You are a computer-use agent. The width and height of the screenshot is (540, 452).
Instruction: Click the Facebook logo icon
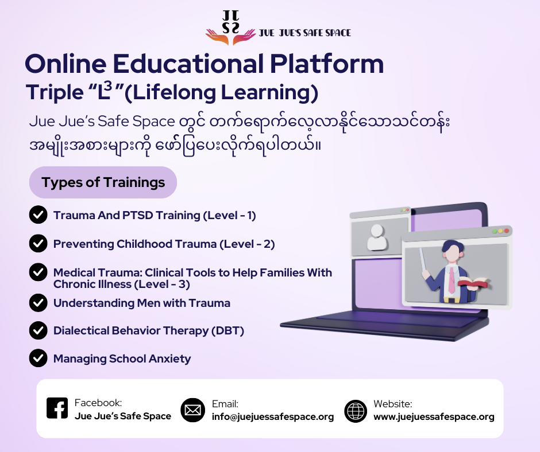(x=57, y=408)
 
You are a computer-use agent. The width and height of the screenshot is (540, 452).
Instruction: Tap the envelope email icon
(x=193, y=410)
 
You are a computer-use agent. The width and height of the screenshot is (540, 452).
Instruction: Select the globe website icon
(x=356, y=411)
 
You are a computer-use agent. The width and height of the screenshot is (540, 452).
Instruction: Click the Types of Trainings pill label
(x=103, y=182)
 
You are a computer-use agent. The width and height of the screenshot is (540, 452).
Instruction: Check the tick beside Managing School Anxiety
(x=38, y=359)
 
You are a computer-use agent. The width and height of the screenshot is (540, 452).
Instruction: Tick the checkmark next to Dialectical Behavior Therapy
(x=38, y=330)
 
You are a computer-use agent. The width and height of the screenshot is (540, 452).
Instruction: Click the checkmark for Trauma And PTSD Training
(x=38, y=215)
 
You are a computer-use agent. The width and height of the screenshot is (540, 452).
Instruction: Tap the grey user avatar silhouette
(x=377, y=236)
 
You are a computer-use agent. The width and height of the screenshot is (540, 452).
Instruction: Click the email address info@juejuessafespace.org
(x=273, y=417)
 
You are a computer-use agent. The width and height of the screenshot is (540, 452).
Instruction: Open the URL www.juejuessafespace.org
(x=434, y=417)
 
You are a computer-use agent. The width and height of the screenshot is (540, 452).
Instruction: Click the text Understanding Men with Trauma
(x=141, y=303)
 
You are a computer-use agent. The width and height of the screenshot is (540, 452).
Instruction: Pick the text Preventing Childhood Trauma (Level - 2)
(x=164, y=244)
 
